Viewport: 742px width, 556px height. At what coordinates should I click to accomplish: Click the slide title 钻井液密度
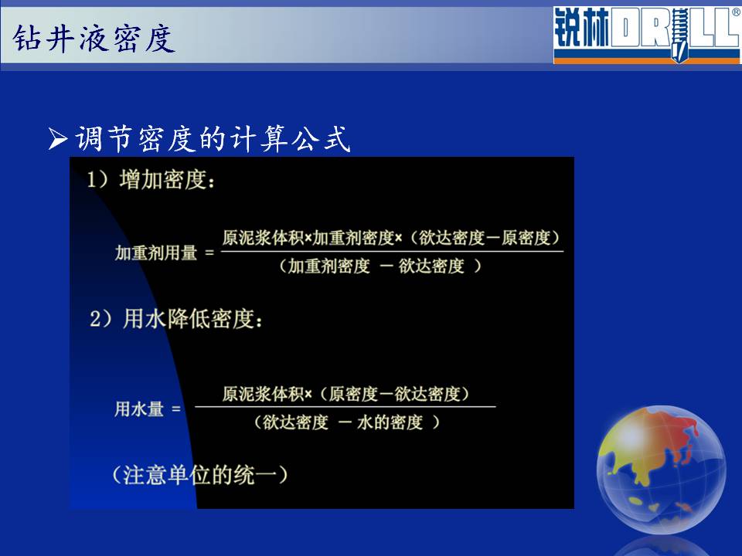(x=94, y=39)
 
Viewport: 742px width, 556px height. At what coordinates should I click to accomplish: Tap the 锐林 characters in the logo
(x=582, y=28)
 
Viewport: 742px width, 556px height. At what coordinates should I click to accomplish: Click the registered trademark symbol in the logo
(x=735, y=12)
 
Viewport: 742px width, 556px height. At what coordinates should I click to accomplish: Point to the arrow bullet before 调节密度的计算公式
(x=58, y=139)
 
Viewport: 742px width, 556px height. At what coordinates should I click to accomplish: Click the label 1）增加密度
(x=151, y=180)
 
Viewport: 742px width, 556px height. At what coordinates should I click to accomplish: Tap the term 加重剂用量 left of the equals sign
(x=155, y=253)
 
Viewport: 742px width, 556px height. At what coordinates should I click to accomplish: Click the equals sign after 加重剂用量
(x=209, y=253)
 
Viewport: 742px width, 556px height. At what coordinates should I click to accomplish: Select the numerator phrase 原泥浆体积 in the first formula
(x=263, y=237)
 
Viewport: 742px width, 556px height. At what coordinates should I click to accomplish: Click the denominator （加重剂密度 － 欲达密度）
(x=380, y=266)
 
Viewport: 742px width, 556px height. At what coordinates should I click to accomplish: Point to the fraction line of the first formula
(x=393, y=251)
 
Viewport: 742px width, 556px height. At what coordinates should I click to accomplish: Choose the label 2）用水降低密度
(x=176, y=319)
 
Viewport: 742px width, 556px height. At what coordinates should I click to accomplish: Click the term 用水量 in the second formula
(x=139, y=409)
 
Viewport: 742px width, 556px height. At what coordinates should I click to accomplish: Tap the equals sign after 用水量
(x=176, y=409)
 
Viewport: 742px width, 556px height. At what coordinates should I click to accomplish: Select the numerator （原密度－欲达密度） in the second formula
(x=394, y=394)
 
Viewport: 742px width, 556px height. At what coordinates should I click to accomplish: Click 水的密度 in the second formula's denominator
(x=390, y=422)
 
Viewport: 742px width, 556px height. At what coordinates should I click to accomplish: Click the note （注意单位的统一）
(x=199, y=475)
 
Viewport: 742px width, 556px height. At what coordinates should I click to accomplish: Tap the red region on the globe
(x=685, y=432)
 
